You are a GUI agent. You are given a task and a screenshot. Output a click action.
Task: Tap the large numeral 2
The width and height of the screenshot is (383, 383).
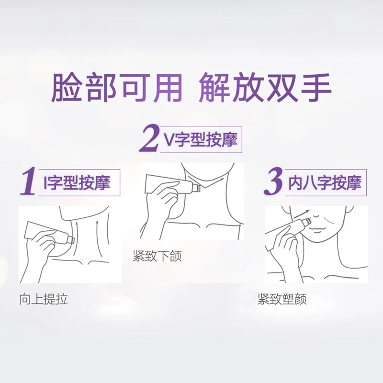148,138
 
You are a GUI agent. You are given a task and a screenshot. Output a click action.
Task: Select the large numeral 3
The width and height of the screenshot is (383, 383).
274,181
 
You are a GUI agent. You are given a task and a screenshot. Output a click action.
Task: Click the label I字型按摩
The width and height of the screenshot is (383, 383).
77,182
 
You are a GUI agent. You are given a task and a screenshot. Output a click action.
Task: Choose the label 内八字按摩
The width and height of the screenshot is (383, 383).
325,182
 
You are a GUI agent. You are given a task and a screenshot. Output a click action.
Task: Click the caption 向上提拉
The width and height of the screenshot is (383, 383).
44,299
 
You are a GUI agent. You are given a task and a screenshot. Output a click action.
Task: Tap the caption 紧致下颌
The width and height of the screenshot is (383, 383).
158,256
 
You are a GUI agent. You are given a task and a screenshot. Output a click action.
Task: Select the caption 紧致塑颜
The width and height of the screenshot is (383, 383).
282,299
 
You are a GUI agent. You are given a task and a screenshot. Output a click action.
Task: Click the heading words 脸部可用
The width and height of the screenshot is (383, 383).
117,87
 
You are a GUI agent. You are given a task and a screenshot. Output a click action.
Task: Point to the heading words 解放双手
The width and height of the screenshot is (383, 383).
265,87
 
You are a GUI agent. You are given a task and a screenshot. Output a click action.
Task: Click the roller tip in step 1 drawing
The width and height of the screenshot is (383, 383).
71,239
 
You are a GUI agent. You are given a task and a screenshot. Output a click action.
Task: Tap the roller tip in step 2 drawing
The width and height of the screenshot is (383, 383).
197,188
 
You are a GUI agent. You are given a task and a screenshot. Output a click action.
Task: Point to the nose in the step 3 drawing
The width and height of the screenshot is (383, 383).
316,216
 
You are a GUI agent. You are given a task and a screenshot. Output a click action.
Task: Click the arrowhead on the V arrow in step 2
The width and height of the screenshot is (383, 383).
222,179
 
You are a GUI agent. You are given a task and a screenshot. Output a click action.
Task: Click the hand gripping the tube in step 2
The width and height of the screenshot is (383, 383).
162,203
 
